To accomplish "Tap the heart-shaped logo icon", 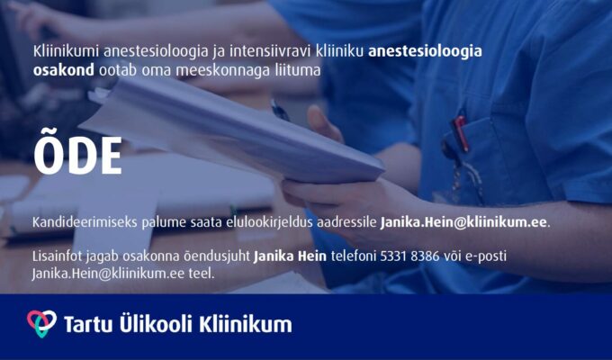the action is (41, 323).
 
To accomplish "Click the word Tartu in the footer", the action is (88, 325).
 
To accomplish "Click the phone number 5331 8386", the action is (409, 256).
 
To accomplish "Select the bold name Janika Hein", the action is (290, 256).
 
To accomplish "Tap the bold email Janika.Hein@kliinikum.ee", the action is (463, 222).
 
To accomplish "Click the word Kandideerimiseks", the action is (85, 222).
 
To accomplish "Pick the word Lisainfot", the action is (57, 256).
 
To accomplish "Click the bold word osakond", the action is (63, 70).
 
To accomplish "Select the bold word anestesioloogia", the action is (425, 52).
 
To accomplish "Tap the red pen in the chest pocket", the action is (460, 133).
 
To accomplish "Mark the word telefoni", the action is (353, 256).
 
